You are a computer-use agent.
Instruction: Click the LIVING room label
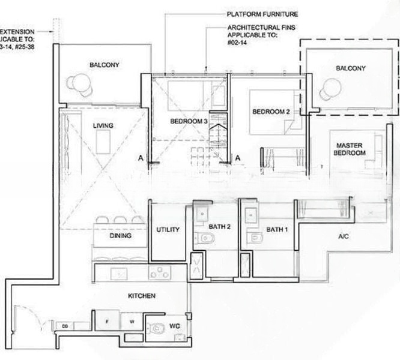coord(103,125)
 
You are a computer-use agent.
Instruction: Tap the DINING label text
coord(121,236)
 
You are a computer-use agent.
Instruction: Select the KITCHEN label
coord(142,296)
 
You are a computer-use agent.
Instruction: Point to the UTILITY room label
coord(168,230)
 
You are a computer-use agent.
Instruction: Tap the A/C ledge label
coord(344,237)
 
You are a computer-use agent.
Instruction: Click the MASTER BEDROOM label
coord(351,149)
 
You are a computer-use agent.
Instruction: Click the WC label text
coord(175,326)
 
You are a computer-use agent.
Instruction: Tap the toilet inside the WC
coord(157,328)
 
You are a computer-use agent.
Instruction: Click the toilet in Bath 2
coord(205,239)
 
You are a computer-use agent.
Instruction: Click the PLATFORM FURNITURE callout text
coord(262,14)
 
